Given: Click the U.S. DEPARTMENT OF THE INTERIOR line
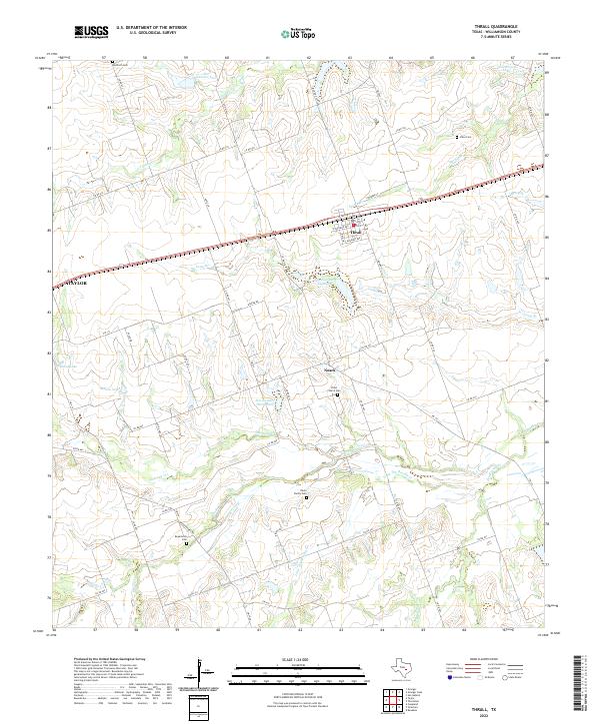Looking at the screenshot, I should click(x=151, y=27).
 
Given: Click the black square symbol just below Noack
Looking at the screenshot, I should click(x=337, y=394).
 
